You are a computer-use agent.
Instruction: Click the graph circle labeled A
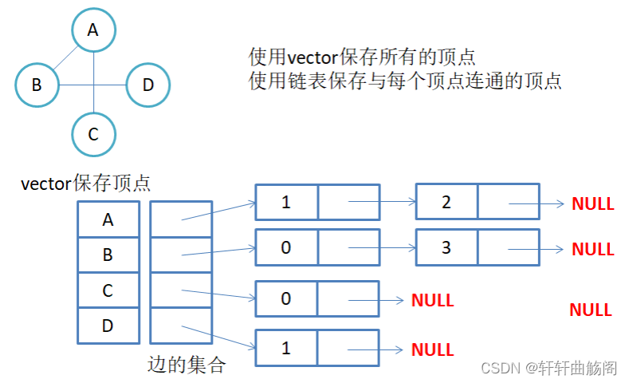point(93,30)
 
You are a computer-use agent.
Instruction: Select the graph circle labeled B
point(37,84)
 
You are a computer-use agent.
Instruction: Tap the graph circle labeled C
point(93,134)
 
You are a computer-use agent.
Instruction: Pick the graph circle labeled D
point(147,84)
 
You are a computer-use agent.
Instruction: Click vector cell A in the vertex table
point(108,219)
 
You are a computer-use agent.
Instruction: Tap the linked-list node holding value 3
point(446,247)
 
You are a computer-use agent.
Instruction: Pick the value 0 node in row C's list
point(286,299)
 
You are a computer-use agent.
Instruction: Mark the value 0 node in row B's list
point(286,247)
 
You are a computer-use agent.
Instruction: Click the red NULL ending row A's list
point(592,204)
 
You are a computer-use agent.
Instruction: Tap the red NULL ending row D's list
point(432,349)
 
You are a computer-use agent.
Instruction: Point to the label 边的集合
point(187,365)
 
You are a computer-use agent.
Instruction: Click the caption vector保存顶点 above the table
point(86,184)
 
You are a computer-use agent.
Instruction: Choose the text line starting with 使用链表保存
point(405,81)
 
